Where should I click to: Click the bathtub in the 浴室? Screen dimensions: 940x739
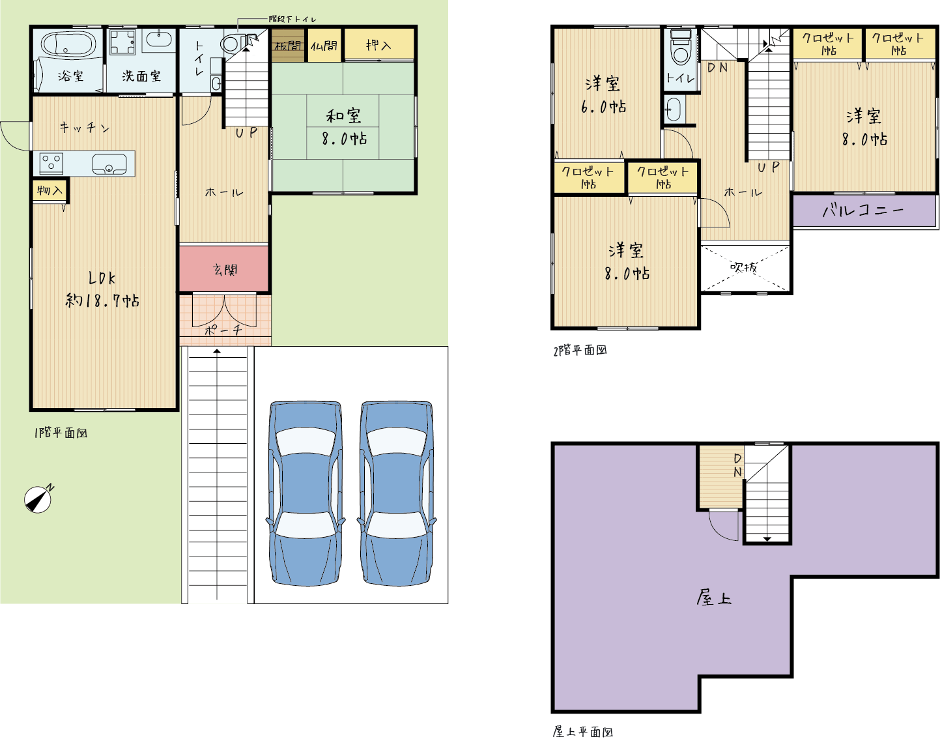[x=68, y=44]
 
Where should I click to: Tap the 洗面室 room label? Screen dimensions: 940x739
[x=141, y=76]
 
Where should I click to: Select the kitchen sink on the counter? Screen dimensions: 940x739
[x=109, y=164]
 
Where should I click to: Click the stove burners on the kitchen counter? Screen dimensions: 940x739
[x=51, y=164]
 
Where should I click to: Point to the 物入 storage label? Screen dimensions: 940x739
[x=50, y=190]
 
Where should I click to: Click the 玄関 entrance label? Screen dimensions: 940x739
[x=225, y=270]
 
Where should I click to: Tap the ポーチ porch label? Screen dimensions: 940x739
[x=223, y=330]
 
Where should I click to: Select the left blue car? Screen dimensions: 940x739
[x=306, y=493]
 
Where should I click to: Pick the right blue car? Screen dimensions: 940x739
[x=397, y=493]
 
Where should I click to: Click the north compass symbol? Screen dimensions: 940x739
[x=38, y=499]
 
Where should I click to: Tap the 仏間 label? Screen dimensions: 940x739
[x=324, y=46]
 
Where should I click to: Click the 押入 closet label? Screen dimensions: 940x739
[x=378, y=45]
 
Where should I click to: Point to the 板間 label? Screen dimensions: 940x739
[x=288, y=46]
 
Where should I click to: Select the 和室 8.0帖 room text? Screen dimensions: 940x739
[x=344, y=127]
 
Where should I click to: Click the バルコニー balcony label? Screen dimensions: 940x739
[x=863, y=210]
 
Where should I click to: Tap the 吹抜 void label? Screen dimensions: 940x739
[x=744, y=267]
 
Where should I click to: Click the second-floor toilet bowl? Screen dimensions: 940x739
[x=681, y=48]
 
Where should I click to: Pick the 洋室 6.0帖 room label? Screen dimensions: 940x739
[x=603, y=94]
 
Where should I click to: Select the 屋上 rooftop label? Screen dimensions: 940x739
[x=714, y=598]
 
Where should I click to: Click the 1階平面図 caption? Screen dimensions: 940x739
[x=61, y=433]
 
